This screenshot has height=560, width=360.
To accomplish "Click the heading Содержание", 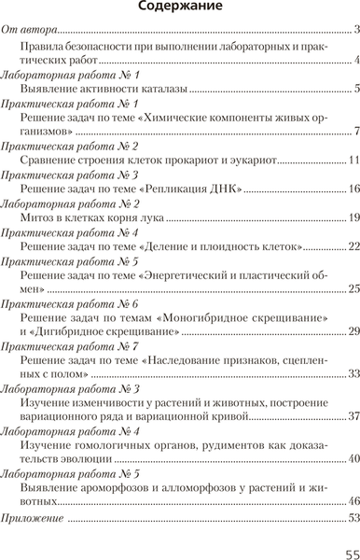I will [x=180, y=7].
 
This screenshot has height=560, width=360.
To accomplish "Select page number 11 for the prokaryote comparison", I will [x=352, y=161].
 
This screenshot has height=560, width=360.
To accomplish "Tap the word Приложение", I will [x=34, y=515].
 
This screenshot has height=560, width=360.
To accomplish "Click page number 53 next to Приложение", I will [x=352, y=516].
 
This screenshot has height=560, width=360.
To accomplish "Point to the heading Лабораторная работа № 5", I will [x=72, y=473].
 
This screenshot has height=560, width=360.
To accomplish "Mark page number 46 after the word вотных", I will [x=352, y=501].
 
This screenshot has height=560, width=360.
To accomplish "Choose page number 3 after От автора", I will [x=354, y=32].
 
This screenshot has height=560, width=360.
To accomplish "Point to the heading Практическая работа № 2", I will [x=70, y=147].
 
